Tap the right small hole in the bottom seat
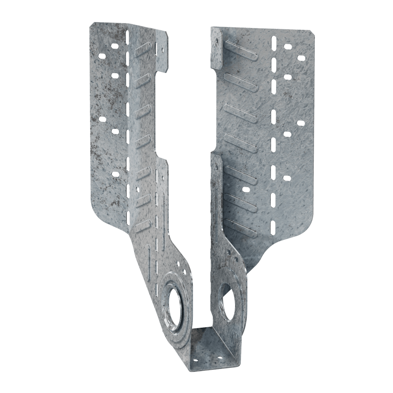pos(220,358)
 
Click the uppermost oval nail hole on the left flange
pos(115,46)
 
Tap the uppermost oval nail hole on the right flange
pos(288,47)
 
